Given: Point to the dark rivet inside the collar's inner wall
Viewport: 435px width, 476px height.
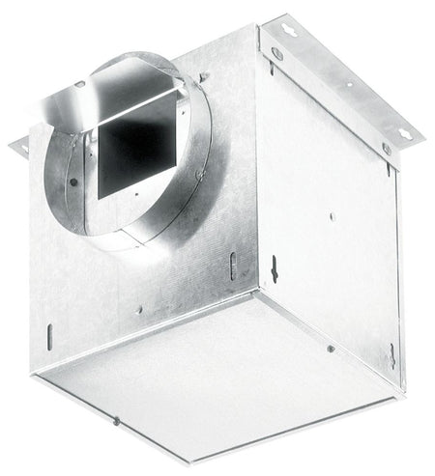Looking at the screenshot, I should coord(73,181).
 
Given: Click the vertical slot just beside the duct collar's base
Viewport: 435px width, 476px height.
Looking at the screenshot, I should coord(232,265).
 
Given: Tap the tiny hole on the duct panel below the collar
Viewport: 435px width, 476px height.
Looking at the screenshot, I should coord(139,310).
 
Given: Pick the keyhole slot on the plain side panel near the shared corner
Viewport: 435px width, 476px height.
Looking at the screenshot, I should coord(274,269).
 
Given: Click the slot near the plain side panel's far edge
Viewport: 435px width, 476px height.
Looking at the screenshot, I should coord(392,351).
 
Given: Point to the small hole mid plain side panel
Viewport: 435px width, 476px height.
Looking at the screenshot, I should coord(333,216).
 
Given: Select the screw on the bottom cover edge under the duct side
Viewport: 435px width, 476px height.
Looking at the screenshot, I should coord(115,420).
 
